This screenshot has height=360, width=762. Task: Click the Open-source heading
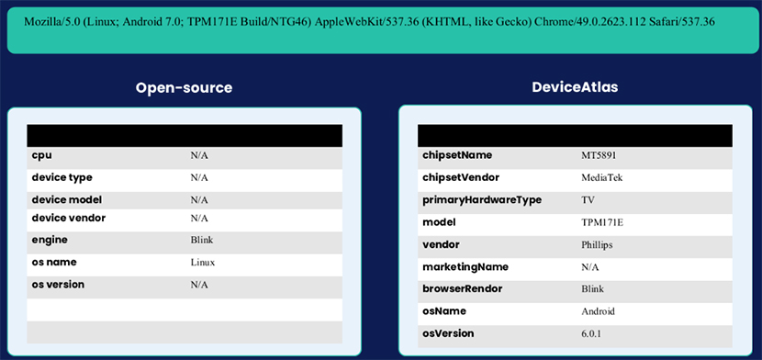(184, 88)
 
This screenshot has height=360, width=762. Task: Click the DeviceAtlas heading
(575, 87)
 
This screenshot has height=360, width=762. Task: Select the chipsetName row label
(456, 155)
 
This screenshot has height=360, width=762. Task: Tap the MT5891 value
(600, 155)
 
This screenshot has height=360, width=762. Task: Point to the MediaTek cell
(601, 177)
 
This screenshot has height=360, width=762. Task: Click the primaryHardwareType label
(481, 199)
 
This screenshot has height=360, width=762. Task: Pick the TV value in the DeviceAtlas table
(588, 199)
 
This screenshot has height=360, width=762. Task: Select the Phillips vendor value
(597, 245)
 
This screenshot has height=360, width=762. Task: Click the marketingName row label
(465, 267)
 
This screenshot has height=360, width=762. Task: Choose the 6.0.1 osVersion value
(592, 333)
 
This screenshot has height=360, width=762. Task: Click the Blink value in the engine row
(200, 240)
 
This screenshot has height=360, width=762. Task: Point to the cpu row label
(41, 155)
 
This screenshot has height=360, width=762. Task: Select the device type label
(62, 177)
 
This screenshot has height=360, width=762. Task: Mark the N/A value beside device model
(199, 199)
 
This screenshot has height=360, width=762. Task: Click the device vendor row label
(68, 218)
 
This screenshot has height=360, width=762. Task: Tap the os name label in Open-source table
(53, 262)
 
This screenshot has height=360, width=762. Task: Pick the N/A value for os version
(199, 285)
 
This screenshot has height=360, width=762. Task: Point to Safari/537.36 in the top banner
(681, 20)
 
